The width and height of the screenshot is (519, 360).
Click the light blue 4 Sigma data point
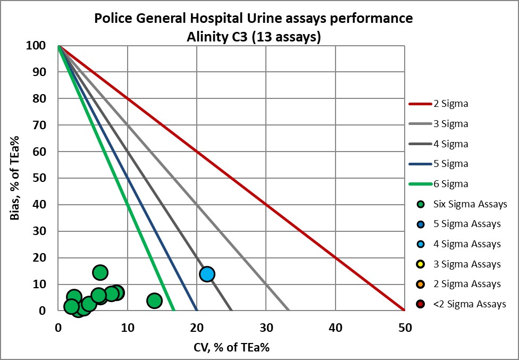[x=207, y=274]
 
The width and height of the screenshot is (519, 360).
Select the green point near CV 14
[x=154, y=301]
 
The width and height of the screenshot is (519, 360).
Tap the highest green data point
[x=100, y=273]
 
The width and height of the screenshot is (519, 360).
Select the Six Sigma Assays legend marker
[x=421, y=204]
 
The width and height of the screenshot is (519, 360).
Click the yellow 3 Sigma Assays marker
[x=421, y=264]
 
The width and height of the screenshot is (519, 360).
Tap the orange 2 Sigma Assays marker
[x=421, y=284]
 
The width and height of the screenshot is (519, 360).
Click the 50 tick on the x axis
[x=405, y=328]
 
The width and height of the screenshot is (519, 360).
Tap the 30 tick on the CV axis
[x=266, y=328]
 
